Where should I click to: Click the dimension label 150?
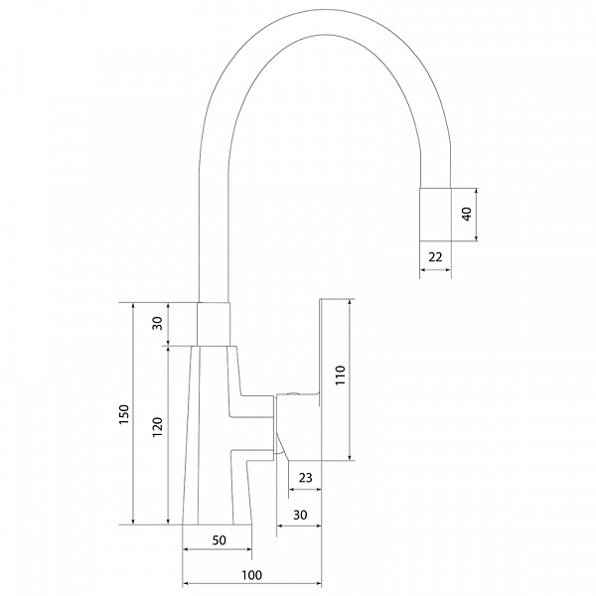[x=124, y=414]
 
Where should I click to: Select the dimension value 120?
[x=157, y=427]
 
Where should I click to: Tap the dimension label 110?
[x=340, y=375]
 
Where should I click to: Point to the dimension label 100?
[x=251, y=575]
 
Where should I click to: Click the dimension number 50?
[x=219, y=540]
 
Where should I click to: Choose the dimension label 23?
[x=305, y=478]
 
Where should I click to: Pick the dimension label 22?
[x=435, y=257]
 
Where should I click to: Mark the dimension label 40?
[x=467, y=214]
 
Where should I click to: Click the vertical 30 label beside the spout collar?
[x=157, y=323]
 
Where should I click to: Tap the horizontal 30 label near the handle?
[x=300, y=515]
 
